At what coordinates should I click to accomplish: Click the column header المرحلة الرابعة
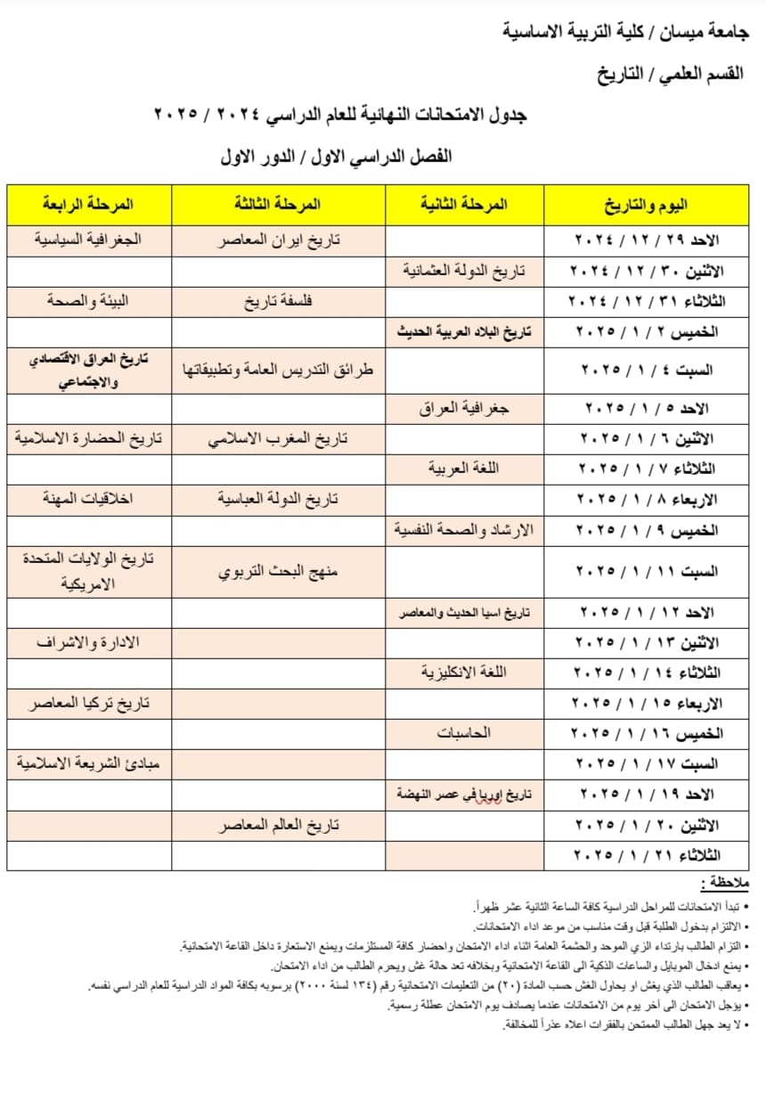(x=87, y=204)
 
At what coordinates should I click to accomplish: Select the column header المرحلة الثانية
(x=463, y=204)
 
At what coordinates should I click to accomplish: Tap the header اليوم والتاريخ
(x=646, y=206)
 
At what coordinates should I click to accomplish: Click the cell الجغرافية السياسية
(x=87, y=240)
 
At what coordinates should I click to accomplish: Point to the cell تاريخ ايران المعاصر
(x=279, y=241)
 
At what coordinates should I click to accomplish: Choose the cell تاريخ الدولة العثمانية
(x=463, y=271)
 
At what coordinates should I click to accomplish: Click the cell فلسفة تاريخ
(x=279, y=301)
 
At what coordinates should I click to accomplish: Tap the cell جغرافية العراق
(x=463, y=408)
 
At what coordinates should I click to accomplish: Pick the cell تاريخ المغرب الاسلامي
(x=279, y=438)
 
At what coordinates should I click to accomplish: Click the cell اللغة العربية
(x=463, y=469)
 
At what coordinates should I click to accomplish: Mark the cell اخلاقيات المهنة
(x=87, y=498)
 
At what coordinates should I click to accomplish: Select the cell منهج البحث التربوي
(x=279, y=572)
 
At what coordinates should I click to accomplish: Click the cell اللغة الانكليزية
(x=463, y=672)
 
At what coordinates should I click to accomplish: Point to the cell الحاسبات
(x=463, y=733)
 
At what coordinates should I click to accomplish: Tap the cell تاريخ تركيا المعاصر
(x=87, y=703)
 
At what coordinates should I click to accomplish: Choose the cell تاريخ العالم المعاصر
(x=279, y=826)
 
